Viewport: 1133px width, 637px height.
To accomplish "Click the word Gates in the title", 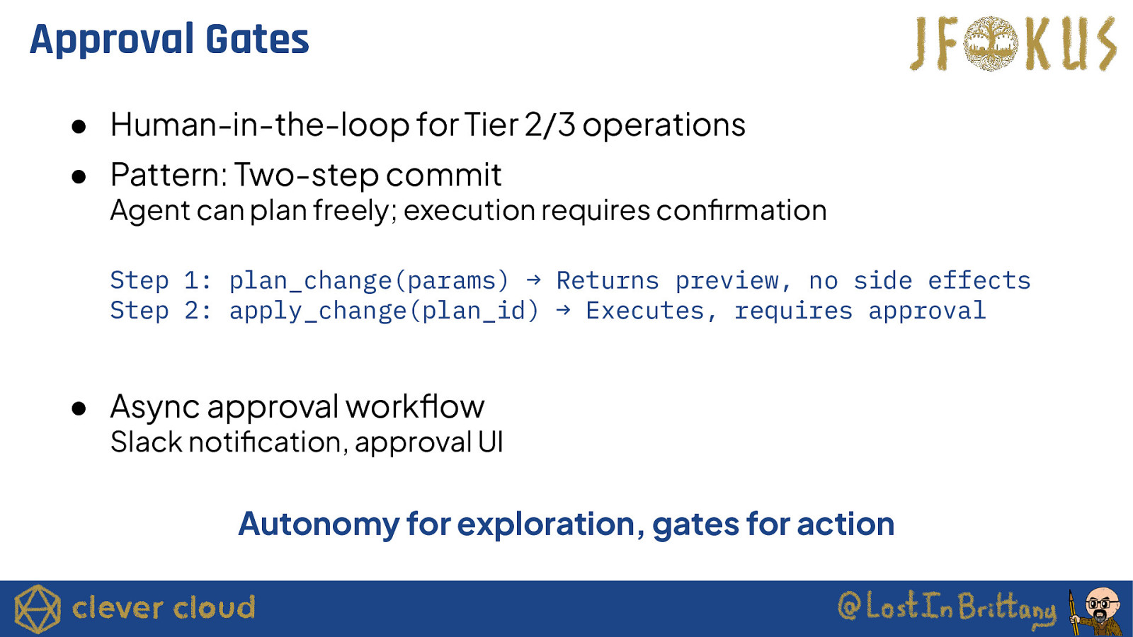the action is click(x=257, y=40).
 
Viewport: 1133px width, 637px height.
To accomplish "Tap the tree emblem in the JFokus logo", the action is click(x=991, y=43).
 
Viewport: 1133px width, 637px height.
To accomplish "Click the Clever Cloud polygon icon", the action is click(x=38, y=609).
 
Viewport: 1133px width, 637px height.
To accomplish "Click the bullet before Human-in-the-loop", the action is click(x=79, y=127).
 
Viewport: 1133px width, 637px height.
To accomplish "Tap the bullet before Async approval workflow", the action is click(x=79, y=408).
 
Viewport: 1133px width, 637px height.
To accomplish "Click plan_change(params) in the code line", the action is click(x=369, y=280).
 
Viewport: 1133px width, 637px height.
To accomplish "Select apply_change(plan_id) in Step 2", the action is click(x=384, y=311).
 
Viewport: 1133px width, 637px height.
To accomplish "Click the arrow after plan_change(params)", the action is click(x=533, y=280).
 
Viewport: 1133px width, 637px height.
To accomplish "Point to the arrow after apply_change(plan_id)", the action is click(x=563, y=310).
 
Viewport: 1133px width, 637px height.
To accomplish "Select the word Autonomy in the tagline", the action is click(x=319, y=524).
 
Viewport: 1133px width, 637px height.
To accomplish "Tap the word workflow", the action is click(x=415, y=407).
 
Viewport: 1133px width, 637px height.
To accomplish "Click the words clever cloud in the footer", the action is click(x=164, y=608).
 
